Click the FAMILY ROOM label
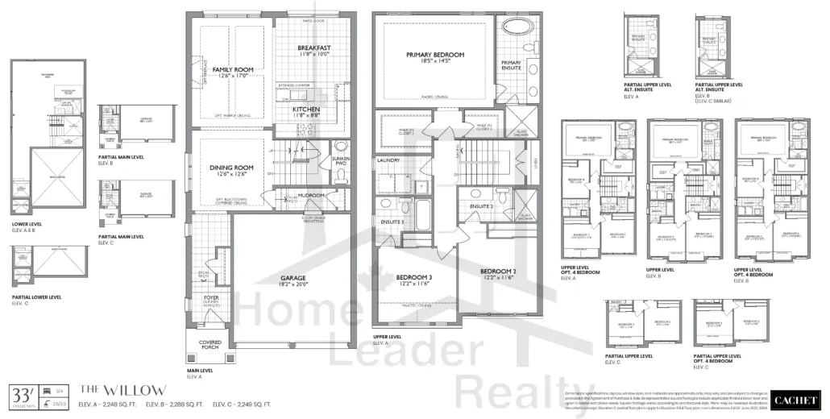pos(232,70)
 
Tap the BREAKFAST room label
pos(313,48)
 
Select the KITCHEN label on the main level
pos(306,109)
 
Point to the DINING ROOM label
pos(231,168)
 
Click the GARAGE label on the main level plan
pos(293,278)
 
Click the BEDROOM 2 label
pos(497,270)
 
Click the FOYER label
pos(210,297)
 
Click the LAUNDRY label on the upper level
pos(388,160)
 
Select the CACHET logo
pos(794,399)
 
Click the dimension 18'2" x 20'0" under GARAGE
pos(293,285)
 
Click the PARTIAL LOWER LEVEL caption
pos(38,297)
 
